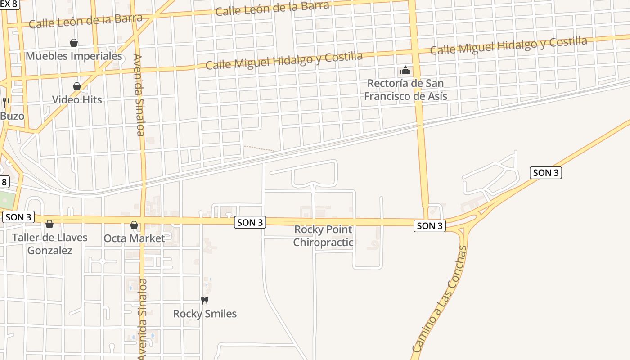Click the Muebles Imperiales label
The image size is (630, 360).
pos(74,56)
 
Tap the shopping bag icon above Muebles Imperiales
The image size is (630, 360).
pos(74,43)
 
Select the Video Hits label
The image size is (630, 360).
pos(77,99)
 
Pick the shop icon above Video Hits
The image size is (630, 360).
pos(77,86)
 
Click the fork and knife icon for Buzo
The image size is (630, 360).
pos(6,102)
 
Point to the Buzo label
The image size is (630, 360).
pos(12,116)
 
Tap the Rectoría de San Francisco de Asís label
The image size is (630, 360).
pos(405,90)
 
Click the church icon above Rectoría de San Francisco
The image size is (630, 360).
pos(405,70)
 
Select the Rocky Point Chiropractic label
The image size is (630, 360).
pos(323,236)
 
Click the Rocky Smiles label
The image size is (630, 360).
pos(205,314)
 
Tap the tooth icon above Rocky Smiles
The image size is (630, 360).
pos(205,300)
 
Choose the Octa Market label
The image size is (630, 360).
pos(134,238)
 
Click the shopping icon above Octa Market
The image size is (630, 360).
pos(134,225)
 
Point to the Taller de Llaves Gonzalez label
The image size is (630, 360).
pos(49,243)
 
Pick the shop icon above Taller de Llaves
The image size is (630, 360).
pos(49,224)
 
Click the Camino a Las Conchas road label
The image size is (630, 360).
pos(440,299)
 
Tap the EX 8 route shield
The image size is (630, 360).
pos(9,4)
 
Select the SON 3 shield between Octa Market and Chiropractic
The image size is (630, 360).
pos(250,222)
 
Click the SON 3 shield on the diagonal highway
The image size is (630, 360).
pos(546,172)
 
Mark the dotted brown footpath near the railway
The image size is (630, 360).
pos(259,148)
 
